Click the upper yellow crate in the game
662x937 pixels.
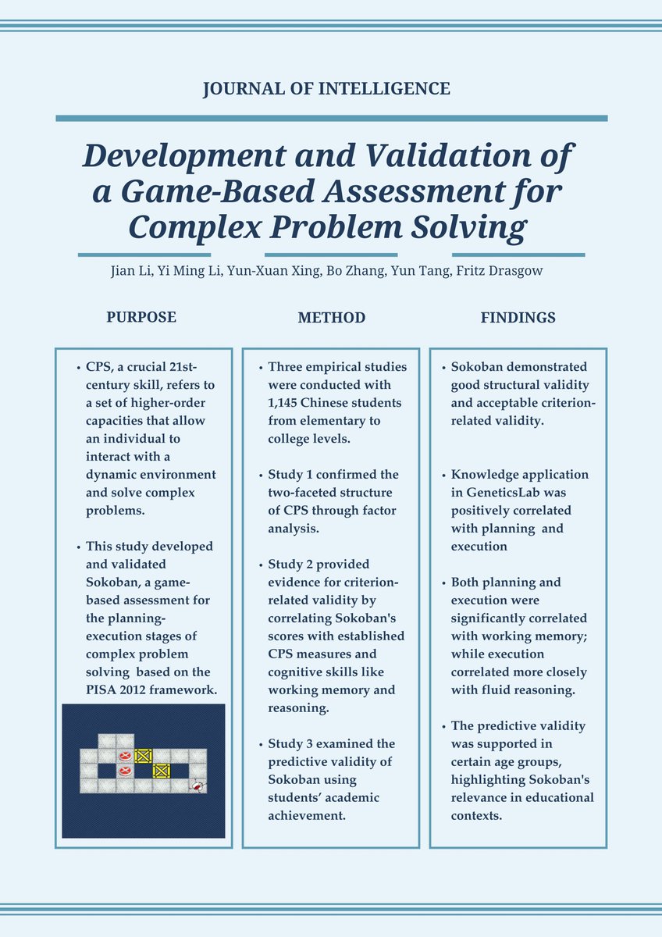coord(143,756)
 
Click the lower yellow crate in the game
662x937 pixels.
coord(162,771)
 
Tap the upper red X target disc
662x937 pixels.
coord(124,756)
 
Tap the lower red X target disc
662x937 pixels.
coord(124,771)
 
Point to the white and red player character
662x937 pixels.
coord(199,787)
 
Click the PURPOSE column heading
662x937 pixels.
coord(141,317)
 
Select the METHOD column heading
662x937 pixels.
coord(331,318)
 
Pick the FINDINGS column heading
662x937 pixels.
coord(518,318)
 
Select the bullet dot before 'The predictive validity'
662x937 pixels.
coord(443,726)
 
